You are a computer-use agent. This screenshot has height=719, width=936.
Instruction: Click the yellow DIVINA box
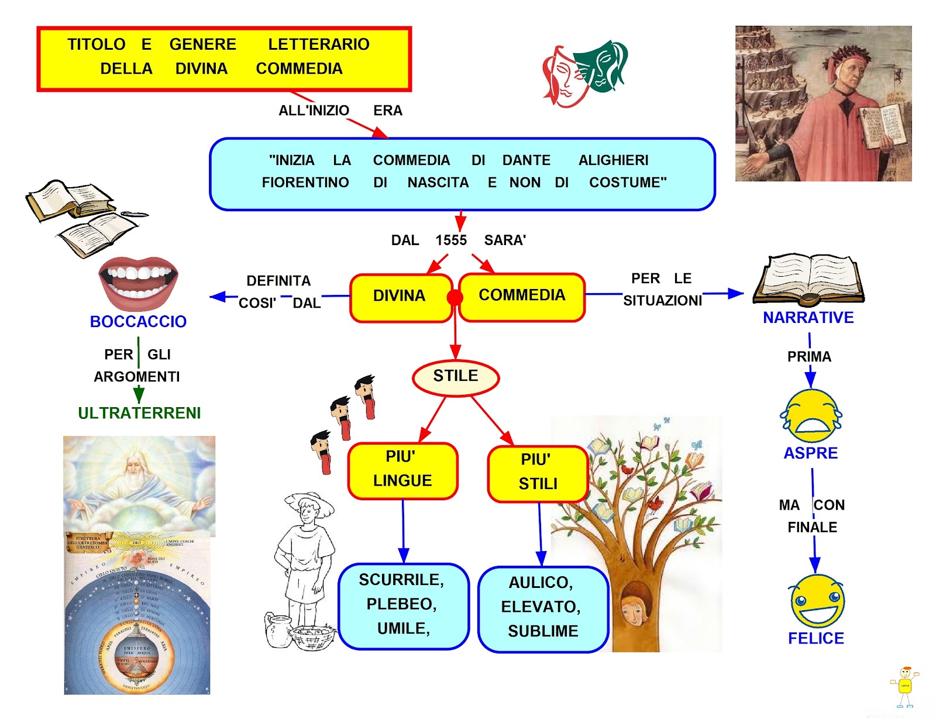pyautogui.click(x=400, y=297)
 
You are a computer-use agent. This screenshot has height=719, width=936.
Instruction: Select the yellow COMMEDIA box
pyautogui.click(x=522, y=296)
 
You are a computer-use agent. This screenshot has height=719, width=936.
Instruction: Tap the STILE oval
pyautogui.click(x=456, y=377)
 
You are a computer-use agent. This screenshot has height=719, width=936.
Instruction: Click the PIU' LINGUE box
pyautogui.click(x=402, y=470)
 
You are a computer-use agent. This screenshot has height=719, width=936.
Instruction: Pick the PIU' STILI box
pyautogui.click(x=538, y=473)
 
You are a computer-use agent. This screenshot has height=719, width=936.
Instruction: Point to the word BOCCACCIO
pyautogui.click(x=138, y=322)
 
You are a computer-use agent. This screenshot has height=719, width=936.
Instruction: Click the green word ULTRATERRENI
pyautogui.click(x=139, y=414)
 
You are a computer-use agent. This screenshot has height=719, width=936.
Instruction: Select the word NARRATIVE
pyautogui.click(x=808, y=318)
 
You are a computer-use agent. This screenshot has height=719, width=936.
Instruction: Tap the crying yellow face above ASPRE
pyautogui.click(x=811, y=417)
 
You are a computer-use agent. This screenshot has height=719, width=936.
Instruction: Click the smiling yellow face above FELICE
pyautogui.click(x=817, y=601)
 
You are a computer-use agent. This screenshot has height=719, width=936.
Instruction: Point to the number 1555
pyautogui.click(x=451, y=240)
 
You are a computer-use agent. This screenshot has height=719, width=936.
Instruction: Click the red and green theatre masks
pyautogui.click(x=585, y=74)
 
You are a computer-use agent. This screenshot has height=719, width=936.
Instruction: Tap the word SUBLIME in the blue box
pyautogui.click(x=543, y=631)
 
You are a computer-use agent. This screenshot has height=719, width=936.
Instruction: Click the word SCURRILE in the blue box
pyautogui.click(x=401, y=580)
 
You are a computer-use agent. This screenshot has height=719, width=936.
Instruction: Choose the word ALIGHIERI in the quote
pyautogui.click(x=613, y=160)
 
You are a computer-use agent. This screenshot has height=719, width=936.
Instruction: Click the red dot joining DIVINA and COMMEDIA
pyautogui.click(x=455, y=298)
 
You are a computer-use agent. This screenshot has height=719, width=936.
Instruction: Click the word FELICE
pyautogui.click(x=816, y=639)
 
